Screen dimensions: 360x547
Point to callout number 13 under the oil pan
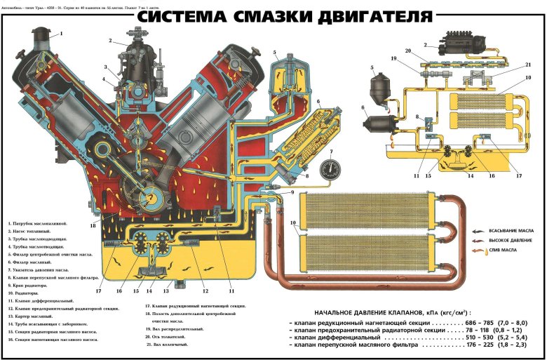[x=167, y=291]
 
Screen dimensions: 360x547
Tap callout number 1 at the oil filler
[x=60, y=33]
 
